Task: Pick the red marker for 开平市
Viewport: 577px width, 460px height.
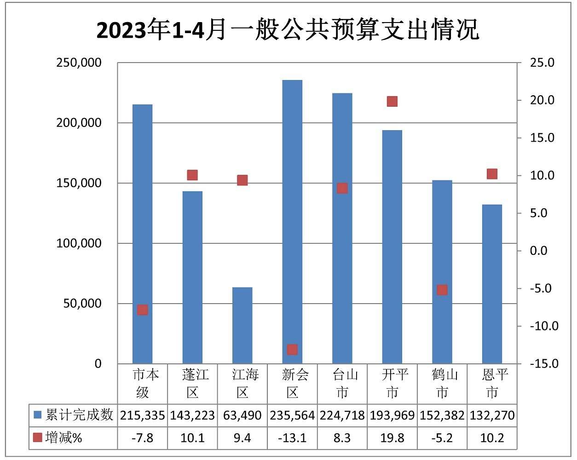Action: [392, 101]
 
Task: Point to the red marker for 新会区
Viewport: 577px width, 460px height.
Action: [292, 350]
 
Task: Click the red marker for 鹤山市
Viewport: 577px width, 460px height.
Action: [442, 290]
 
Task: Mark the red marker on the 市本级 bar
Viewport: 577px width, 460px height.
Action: [143, 310]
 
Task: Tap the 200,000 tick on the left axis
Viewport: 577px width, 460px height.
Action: [79, 123]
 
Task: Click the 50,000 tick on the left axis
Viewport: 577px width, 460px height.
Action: [82, 304]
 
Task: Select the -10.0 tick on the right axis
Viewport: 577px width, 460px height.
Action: [544, 326]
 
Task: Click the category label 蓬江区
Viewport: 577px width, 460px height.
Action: [193, 383]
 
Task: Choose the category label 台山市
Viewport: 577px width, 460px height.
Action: [342, 383]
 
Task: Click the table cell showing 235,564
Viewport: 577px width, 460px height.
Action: [292, 415]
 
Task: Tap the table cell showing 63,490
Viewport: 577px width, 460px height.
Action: [242, 415]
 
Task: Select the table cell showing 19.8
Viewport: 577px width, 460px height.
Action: [392, 438]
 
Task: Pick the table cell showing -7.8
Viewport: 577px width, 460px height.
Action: [143, 438]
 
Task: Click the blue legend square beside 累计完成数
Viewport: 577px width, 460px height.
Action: [38, 415]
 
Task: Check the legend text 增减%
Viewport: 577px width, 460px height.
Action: [63, 438]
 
